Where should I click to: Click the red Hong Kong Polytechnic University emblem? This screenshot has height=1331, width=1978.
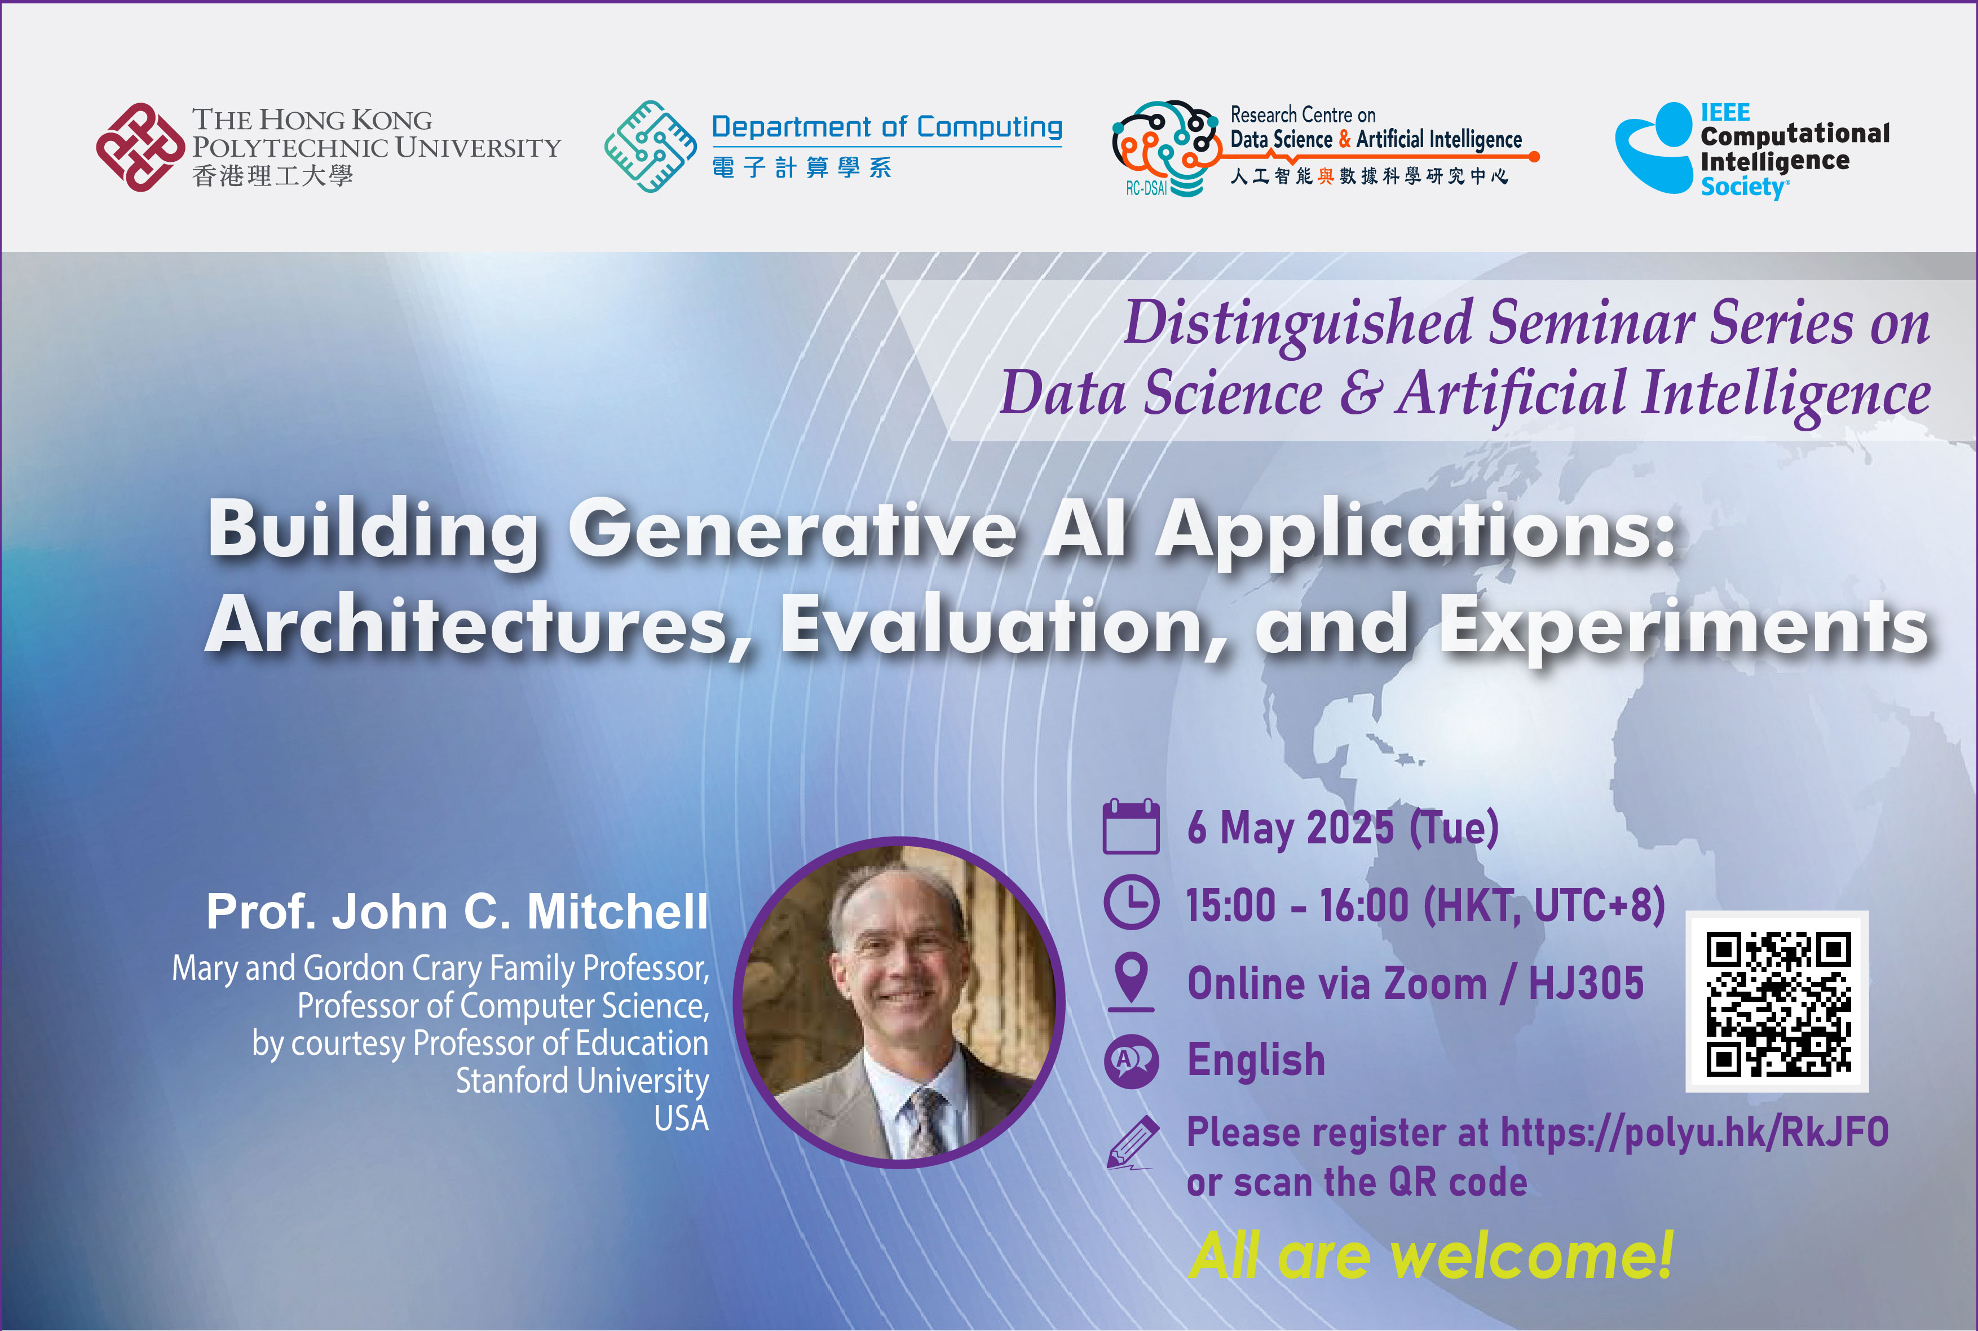click(140, 147)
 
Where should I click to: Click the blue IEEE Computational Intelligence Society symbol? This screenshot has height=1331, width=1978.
click(1654, 149)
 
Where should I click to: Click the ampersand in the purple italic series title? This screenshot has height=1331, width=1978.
click(1360, 395)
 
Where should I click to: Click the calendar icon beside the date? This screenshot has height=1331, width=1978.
click(1131, 827)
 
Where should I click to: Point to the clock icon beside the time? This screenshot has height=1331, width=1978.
click(1131, 903)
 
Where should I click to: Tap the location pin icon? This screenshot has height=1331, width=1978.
click(1131, 980)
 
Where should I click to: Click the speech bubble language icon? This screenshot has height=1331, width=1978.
click(1131, 1060)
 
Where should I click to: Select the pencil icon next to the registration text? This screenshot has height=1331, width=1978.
click(1132, 1142)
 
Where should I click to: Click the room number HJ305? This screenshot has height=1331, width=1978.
click(1586, 984)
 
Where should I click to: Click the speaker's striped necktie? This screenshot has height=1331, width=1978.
click(925, 1121)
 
